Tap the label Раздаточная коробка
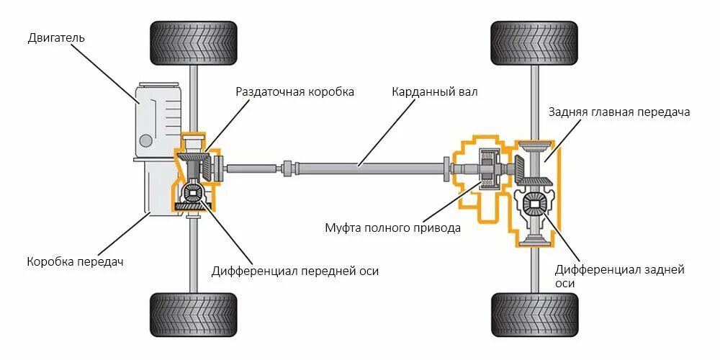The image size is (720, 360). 295,92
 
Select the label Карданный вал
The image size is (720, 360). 434,92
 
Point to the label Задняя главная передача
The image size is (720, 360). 619,112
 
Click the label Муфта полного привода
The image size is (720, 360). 392,228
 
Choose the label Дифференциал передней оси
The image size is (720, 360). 295,271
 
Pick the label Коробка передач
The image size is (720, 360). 76,261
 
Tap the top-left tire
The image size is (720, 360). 193,43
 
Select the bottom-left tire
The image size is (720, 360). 193,315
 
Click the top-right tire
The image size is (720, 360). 534,43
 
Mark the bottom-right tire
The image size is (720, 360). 534,315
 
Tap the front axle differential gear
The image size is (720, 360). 193,193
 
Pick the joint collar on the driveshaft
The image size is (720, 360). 288,168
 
